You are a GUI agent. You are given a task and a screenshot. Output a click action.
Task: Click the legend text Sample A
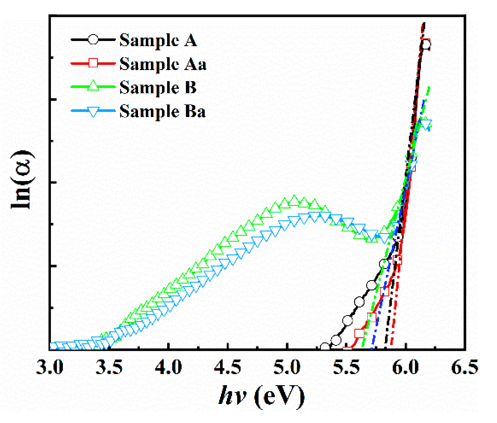click(x=158, y=41)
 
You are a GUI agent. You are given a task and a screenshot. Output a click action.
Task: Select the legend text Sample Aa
click(x=163, y=64)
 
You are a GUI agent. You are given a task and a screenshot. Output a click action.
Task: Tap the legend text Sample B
click(x=158, y=88)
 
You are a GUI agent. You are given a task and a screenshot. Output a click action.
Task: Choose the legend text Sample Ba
click(x=162, y=112)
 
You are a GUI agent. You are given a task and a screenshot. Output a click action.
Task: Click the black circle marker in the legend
click(x=93, y=40)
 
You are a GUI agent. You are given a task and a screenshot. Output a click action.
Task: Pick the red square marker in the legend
click(x=93, y=63)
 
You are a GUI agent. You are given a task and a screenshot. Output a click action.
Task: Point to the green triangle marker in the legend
click(x=93, y=86)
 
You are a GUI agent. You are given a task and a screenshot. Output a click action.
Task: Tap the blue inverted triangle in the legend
click(x=93, y=111)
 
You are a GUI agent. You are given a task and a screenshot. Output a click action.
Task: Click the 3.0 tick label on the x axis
click(x=49, y=368)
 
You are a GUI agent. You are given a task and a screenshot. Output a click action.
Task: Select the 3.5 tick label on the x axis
click(x=109, y=368)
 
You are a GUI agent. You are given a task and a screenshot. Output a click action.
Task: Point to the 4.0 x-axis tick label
click(x=168, y=368)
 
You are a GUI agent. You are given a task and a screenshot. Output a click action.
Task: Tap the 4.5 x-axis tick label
click(x=228, y=368)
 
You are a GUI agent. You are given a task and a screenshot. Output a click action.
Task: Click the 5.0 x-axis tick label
click(x=287, y=368)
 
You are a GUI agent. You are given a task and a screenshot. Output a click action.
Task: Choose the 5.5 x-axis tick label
click(x=346, y=368)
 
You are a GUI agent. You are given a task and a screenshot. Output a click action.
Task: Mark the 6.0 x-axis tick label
click(x=405, y=368)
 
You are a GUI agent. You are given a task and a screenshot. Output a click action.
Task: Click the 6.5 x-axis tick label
click(x=464, y=368)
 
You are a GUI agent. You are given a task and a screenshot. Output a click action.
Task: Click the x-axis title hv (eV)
click(x=261, y=396)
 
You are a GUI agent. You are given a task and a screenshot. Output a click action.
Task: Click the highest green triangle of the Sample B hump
click(x=294, y=201)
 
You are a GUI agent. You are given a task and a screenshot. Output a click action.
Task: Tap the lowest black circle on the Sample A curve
click(x=325, y=347)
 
